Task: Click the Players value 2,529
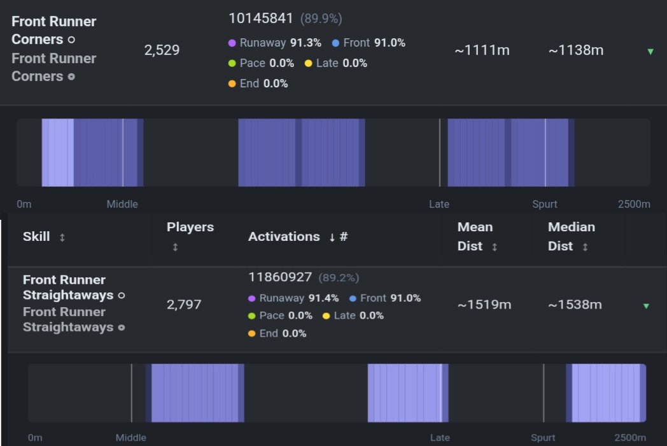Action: click(162, 50)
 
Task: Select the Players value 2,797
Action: click(184, 304)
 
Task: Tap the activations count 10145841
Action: click(261, 18)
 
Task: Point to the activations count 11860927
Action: click(280, 277)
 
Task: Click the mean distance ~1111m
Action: click(482, 50)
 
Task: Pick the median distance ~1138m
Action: click(576, 50)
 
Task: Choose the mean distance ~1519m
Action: click(484, 305)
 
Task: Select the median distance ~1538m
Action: click(575, 305)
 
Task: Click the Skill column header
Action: click(36, 236)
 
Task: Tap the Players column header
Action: click(190, 227)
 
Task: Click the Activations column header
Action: click(284, 236)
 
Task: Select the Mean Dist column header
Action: click(475, 236)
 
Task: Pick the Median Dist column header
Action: click(572, 236)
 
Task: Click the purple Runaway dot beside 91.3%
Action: click(232, 43)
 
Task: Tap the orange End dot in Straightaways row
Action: click(252, 333)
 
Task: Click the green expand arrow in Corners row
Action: click(650, 52)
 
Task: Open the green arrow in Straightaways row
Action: click(646, 306)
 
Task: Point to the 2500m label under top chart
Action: click(634, 204)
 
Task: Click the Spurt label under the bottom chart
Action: click(543, 438)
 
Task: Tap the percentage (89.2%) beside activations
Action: click(339, 278)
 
